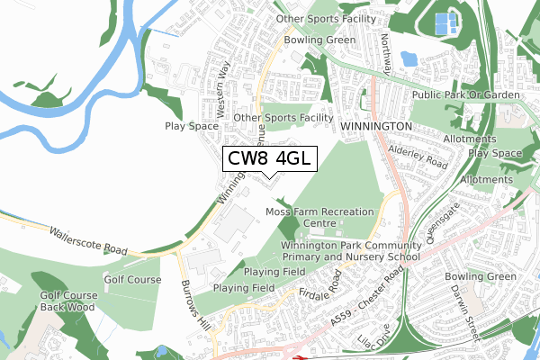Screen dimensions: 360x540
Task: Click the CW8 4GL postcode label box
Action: click(x=269, y=158)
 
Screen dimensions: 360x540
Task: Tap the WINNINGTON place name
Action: click(x=376, y=127)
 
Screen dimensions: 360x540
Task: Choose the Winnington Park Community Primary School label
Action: click(x=350, y=251)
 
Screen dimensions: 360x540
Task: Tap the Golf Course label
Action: click(x=133, y=280)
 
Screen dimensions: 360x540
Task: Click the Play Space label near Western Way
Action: click(x=187, y=127)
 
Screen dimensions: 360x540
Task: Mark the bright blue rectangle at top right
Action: click(x=445, y=24)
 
